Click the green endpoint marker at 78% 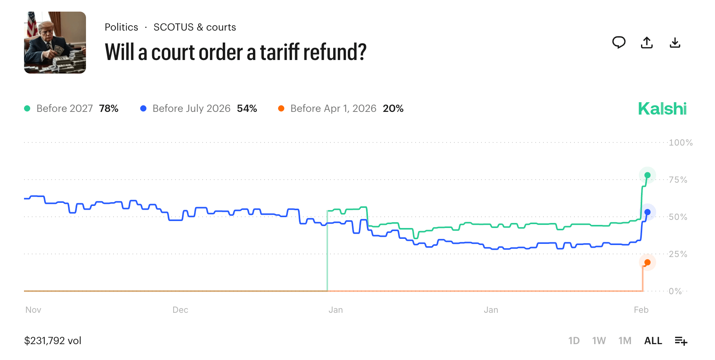[647, 175]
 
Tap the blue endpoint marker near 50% [647, 212]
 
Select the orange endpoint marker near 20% [647, 262]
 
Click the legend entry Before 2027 [64, 108]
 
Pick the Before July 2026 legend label [191, 108]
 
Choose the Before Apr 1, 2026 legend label [333, 108]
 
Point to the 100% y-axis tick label [681, 142]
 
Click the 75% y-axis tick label [678, 180]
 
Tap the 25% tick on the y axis [678, 254]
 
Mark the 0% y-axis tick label [675, 291]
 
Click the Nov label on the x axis [33, 310]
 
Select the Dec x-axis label [180, 310]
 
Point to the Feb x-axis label [641, 310]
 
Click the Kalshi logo [662, 109]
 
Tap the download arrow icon [675, 43]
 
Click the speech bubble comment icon [619, 42]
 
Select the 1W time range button [599, 341]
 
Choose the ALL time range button [653, 341]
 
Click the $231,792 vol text [53, 341]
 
